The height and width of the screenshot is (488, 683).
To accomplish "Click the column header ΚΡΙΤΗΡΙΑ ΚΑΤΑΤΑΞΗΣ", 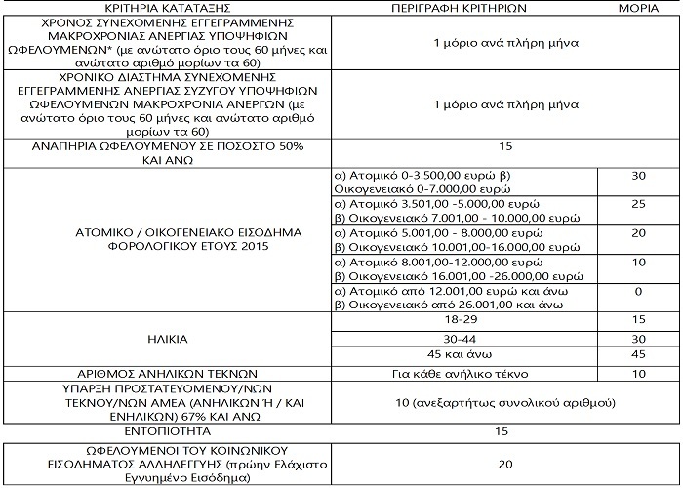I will [x=166, y=7].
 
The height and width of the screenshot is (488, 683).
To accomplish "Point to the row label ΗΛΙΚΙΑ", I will [x=166, y=340].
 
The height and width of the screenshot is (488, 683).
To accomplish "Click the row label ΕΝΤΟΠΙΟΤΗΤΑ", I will [x=166, y=430].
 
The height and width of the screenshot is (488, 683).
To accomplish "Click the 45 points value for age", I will [x=638, y=356].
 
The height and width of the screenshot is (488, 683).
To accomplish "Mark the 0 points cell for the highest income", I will [x=638, y=291].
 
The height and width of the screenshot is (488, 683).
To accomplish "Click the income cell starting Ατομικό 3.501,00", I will [x=436, y=213].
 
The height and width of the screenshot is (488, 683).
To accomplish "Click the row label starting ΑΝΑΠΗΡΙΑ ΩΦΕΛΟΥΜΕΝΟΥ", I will [x=166, y=152].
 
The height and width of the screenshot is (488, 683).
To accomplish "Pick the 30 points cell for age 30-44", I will [x=638, y=339].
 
